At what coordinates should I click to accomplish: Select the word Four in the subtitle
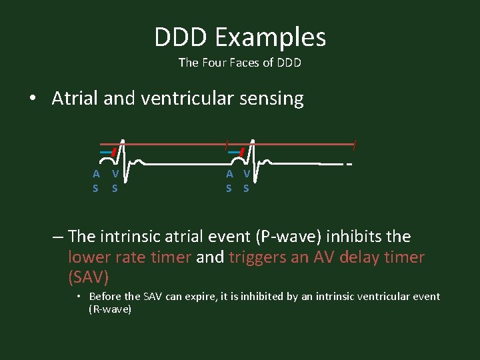[210, 63]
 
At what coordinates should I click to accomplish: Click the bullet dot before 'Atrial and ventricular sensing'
[33, 99]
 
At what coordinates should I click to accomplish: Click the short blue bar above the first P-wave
[105, 152]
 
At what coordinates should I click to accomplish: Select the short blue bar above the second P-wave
[233, 152]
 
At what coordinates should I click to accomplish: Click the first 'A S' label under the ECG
[96, 181]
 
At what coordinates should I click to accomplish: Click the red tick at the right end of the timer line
[355, 143]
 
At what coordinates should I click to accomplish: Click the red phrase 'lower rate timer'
[129, 257]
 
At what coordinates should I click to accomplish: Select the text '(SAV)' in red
[88, 275]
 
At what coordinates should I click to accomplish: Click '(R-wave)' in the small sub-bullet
[110, 309]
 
